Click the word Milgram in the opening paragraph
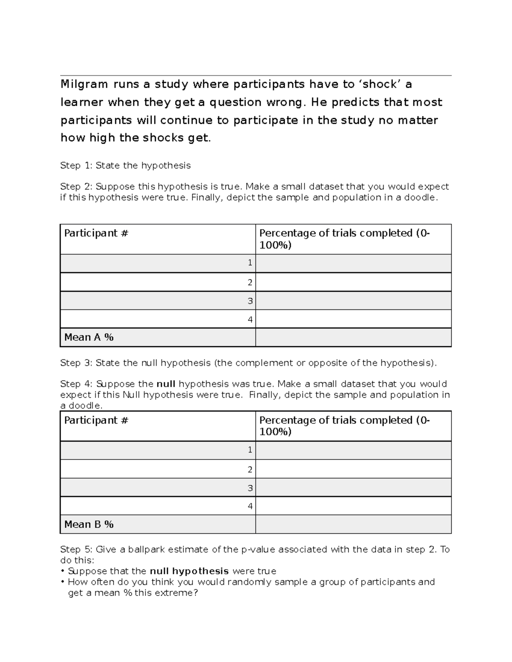[84, 84]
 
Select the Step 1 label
[76, 165]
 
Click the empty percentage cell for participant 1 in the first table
[353, 263]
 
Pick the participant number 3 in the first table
[250, 301]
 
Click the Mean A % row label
[89, 337]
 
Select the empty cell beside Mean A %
[353, 337]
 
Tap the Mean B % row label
[89, 524]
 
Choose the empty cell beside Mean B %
[353, 524]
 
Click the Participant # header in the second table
[96, 420]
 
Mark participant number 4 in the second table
[250, 506]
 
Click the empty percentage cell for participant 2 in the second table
[353, 469]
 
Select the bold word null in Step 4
[166, 384]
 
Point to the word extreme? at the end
[180, 593]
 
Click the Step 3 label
[76, 363]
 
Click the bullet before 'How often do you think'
[63, 582]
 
